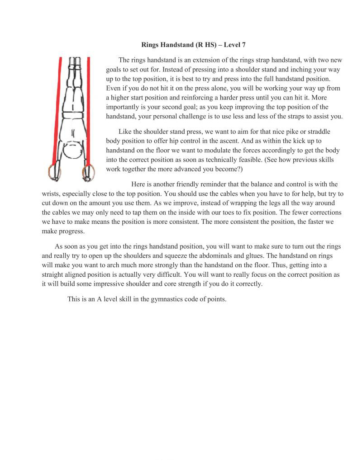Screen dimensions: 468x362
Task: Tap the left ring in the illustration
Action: pyautogui.click(x=54, y=172)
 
